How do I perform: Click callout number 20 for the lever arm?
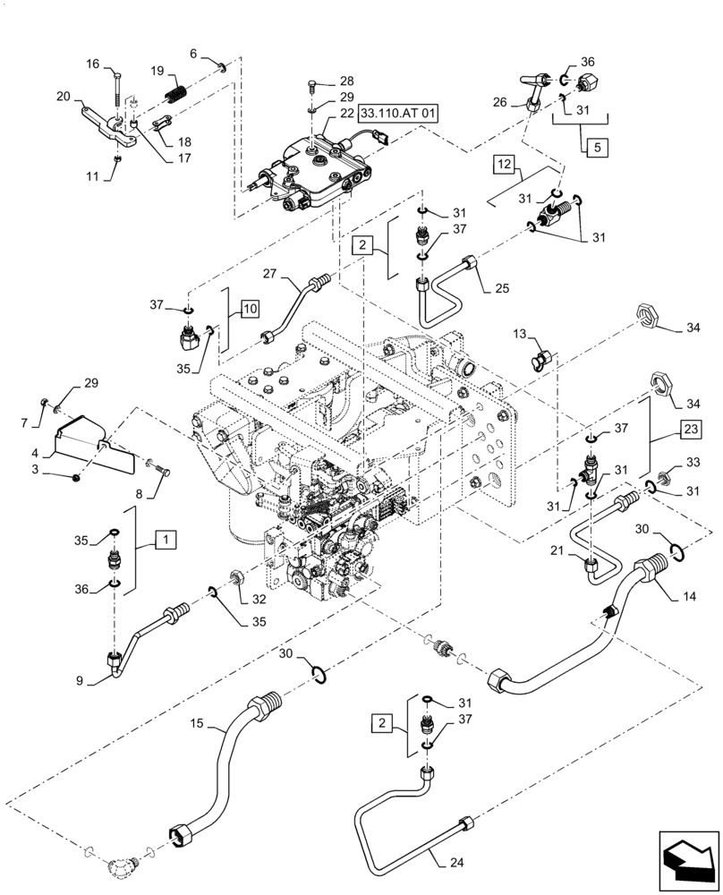[x=64, y=97]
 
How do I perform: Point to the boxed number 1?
[x=166, y=540]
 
